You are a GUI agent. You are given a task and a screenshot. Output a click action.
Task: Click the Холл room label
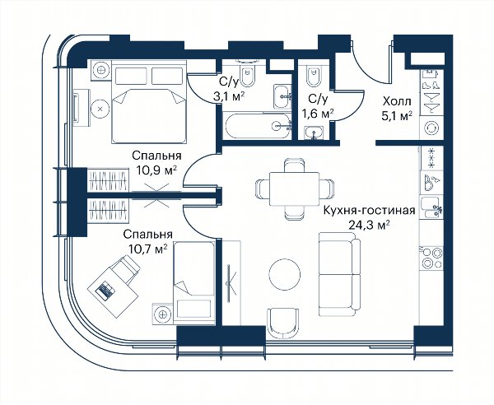pyautogui.click(x=397, y=101)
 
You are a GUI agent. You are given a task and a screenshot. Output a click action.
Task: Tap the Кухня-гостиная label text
pyautogui.click(x=370, y=210)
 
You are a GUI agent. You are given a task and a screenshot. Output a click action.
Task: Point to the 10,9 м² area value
pyautogui.click(x=156, y=170)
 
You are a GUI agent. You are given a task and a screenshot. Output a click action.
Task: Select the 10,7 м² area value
pyautogui.click(x=147, y=249)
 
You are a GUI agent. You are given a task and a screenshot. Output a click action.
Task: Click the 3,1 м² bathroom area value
pyautogui.click(x=229, y=96)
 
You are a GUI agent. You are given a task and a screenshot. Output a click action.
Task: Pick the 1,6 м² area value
pyautogui.click(x=318, y=113)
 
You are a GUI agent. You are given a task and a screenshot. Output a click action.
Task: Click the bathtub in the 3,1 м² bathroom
pyautogui.click(x=258, y=125)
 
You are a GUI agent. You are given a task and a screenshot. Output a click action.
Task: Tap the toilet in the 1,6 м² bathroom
pyautogui.click(x=313, y=76)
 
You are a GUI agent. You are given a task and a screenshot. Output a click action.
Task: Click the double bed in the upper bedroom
pyautogui.click(x=149, y=101)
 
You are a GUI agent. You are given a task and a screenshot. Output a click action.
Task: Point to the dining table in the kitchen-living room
pyautogui.click(x=294, y=189)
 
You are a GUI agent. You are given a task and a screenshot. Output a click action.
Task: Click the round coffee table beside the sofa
pyautogui.click(x=285, y=274)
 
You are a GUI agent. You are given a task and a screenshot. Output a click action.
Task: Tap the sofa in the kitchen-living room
pyautogui.click(x=339, y=274)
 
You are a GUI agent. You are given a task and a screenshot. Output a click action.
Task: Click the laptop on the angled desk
pyautogui.click(x=105, y=290)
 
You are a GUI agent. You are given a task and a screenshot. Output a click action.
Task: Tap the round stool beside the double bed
pyautogui.click(x=100, y=109)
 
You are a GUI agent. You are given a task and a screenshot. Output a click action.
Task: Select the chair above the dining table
pyautogui.click(x=294, y=165)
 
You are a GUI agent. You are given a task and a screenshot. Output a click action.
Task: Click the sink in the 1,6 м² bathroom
pyautogui.click(x=314, y=133)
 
